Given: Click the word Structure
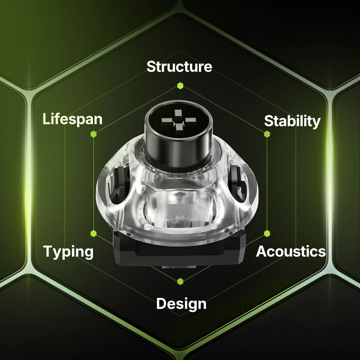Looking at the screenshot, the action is (x=179, y=67).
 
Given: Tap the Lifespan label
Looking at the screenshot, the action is (x=73, y=119).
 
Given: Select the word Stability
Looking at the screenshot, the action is (x=292, y=121).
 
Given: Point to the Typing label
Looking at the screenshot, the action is (x=68, y=252).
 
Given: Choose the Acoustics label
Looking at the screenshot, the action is (x=291, y=251).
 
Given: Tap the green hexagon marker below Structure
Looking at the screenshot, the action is (x=180, y=86).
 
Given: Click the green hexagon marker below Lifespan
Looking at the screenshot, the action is (x=93, y=134).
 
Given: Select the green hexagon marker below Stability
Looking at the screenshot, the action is (x=267, y=134).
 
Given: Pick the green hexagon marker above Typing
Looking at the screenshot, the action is (x=93, y=233).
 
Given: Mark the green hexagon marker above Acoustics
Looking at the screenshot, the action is (x=267, y=233).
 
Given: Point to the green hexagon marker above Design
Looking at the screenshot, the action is (x=180, y=281).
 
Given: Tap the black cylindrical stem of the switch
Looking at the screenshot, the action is (x=178, y=134).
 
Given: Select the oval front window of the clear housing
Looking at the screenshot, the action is (x=179, y=209).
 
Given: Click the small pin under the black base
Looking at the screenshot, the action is (x=179, y=267).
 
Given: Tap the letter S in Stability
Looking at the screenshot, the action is (x=269, y=121).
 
